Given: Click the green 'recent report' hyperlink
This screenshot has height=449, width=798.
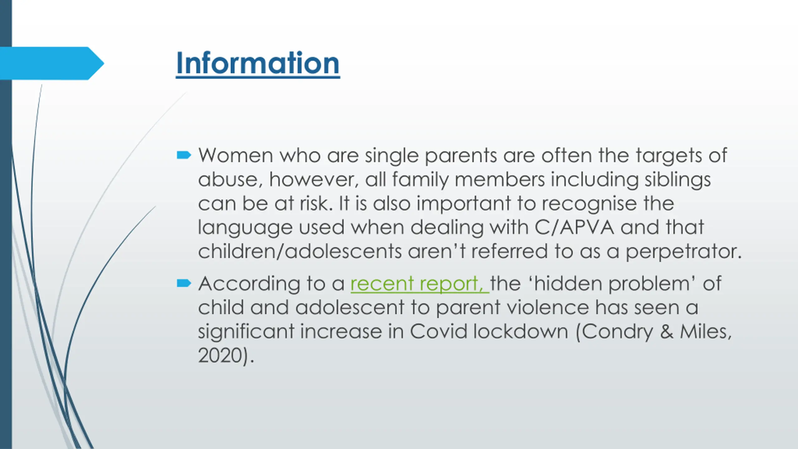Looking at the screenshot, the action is click(x=420, y=284).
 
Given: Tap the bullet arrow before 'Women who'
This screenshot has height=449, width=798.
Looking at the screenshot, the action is click(x=184, y=155).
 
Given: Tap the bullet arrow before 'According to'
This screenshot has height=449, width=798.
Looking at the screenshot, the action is click(x=184, y=283).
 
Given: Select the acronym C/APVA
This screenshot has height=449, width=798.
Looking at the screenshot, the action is click(x=574, y=227).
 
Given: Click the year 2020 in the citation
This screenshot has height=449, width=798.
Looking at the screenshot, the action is click(x=220, y=355).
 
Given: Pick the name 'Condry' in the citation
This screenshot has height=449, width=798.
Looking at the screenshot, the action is click(x=617, y=332).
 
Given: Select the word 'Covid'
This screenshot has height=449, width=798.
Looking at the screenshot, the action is click(x=439, y=331).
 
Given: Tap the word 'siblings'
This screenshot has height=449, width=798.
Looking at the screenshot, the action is click(x=678, y=180).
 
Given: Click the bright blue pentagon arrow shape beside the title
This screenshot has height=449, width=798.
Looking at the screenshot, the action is click(x=52, y=63).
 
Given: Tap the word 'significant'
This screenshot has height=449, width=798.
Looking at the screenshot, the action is click(x=246, y=332).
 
